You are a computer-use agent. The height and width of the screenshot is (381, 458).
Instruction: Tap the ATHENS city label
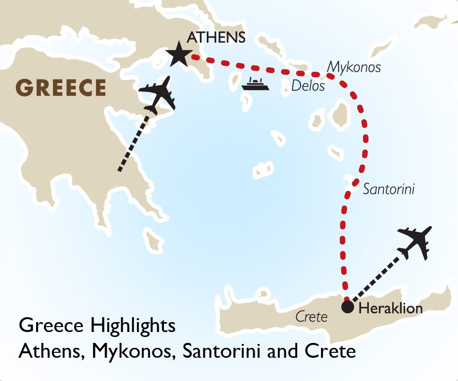click(x=216, y=38)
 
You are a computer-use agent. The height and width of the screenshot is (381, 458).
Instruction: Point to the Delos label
click(x=308, y=86)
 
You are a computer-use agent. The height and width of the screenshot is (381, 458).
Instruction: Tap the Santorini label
click(x=388, y=189)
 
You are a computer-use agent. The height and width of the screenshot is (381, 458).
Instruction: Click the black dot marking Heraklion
click(x=348, y=307)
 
